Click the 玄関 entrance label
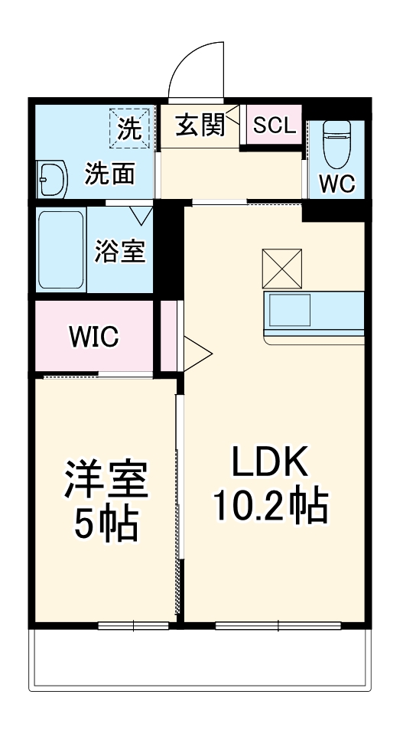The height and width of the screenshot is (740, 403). pyautogui.click(x=200, y=126)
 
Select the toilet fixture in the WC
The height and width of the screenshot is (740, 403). pyautogui.click(x=336, y=145)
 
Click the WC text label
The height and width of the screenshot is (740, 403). pyautogui.click(x=336, y=184)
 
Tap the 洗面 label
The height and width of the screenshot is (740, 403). pyautogui.click(x=109, y=174)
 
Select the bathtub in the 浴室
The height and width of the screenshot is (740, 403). pyautogui.click(x=61, y=249)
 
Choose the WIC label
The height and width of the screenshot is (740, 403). pyautogui.click(x=93, y=336)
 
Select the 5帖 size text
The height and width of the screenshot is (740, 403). pyautogui.click(x=106, y=524)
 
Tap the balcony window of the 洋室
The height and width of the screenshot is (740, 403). pyautogui.click(x=134, y=625)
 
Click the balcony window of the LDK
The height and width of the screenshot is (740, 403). pyautogui.click(x=277, y=625)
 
